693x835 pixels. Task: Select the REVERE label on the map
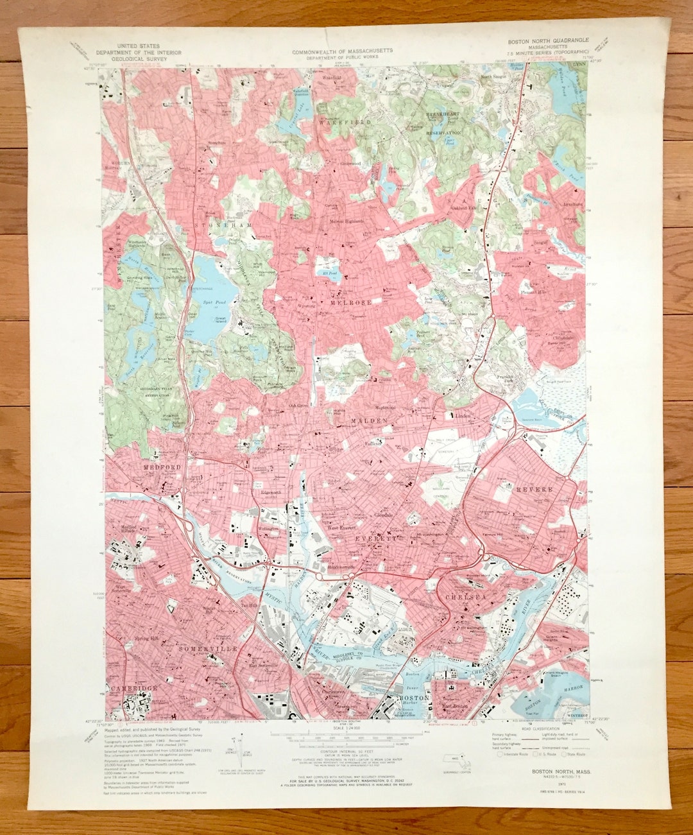pos(534,489)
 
